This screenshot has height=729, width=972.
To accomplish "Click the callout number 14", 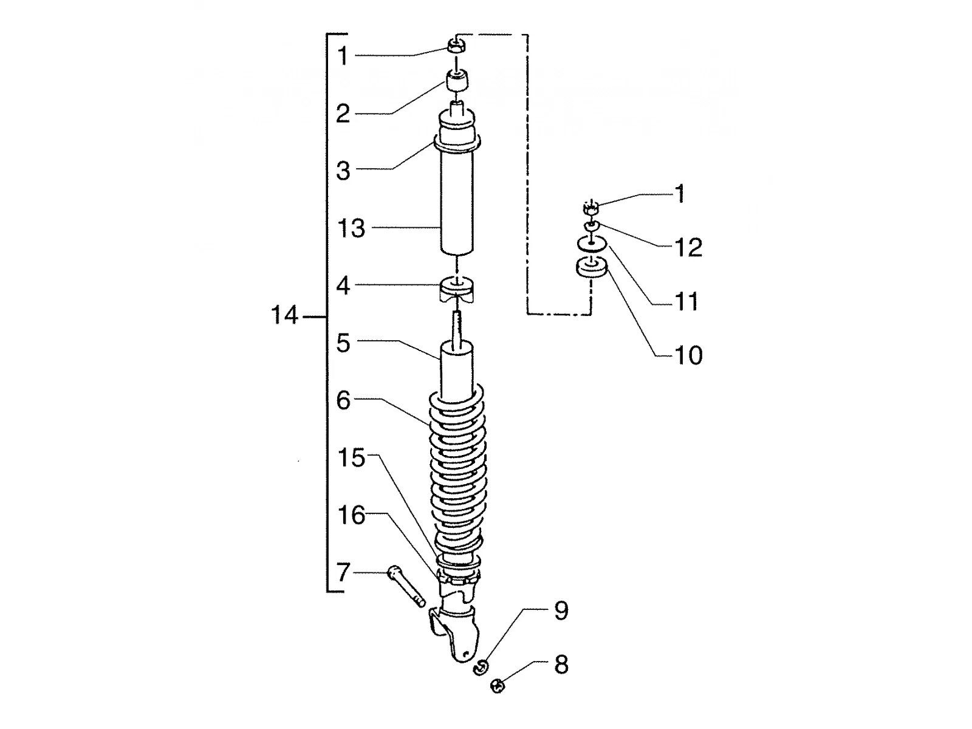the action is [x=284, y=315].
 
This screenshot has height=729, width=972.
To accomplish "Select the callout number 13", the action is [x=351, y=228].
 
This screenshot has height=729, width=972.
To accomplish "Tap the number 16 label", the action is [x=351, y=515].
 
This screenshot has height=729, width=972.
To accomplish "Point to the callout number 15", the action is [x=351, y=457].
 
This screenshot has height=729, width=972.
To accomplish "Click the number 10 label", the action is [x=688, y=355].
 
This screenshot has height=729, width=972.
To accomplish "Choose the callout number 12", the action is [x=688, y=248].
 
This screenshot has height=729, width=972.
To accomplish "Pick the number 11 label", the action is [x=686, y=302].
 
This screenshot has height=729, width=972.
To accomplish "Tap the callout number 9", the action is [x=561, y=611].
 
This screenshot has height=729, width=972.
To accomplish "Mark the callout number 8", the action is [x=561, y=665].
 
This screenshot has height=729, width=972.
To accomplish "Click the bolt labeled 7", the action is [x=406, y=586].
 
